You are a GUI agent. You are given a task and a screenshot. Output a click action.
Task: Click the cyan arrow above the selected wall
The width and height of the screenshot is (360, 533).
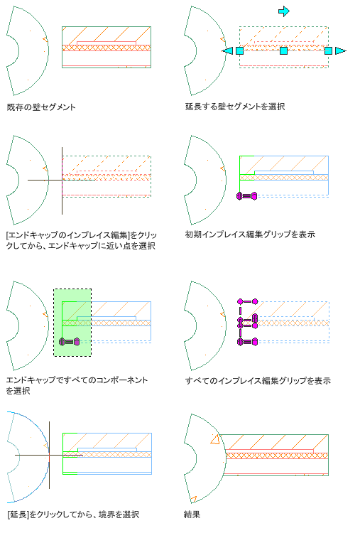click(x=284, y=11)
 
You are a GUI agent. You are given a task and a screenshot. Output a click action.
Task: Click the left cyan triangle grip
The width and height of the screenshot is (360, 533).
click(x=227, y=50)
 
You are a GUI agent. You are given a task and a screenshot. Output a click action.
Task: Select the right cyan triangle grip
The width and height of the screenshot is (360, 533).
click(x=340, y=50)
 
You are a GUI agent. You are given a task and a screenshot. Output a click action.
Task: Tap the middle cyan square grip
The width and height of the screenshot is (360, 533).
click(x=284, y=50)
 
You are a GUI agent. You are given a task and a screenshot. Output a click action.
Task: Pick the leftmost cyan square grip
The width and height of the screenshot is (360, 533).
click(x=240, y=50)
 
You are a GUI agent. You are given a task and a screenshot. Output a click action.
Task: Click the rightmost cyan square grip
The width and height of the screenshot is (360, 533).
click(x=329, y=50)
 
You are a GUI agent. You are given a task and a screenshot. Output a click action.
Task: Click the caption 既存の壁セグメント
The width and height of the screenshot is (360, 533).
click(x=41, y=107)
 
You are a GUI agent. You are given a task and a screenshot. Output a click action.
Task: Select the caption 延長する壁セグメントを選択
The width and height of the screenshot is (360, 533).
click(x=235, y=107)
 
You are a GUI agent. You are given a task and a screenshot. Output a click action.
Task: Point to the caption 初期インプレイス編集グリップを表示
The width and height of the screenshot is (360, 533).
click(x=250, y=235)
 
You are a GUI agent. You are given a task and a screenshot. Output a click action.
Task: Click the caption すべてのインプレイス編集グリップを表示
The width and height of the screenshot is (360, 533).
click(x=258, y=380)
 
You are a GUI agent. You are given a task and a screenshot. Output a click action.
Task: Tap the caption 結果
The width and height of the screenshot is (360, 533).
click(x=192, y=515)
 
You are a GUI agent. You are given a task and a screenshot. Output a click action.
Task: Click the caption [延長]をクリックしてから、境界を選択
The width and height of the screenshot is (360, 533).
click(x=73, y=515)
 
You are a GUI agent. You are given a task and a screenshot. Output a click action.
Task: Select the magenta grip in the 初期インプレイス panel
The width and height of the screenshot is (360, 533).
click(x=247, y=196)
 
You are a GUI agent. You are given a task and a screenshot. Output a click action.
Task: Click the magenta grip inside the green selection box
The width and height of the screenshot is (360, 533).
click(x=70, y=341)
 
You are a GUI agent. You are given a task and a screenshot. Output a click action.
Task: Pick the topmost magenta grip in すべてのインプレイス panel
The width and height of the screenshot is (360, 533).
click(x=248, y=301)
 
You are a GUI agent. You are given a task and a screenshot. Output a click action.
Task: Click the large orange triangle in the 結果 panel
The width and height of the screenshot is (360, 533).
click(x=214, y=439)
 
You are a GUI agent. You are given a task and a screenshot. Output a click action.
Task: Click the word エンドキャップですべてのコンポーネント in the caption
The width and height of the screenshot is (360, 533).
click(x=77, y=380)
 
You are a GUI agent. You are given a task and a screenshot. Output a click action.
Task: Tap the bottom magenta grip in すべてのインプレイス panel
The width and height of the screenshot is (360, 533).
click(x=248, y=341)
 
